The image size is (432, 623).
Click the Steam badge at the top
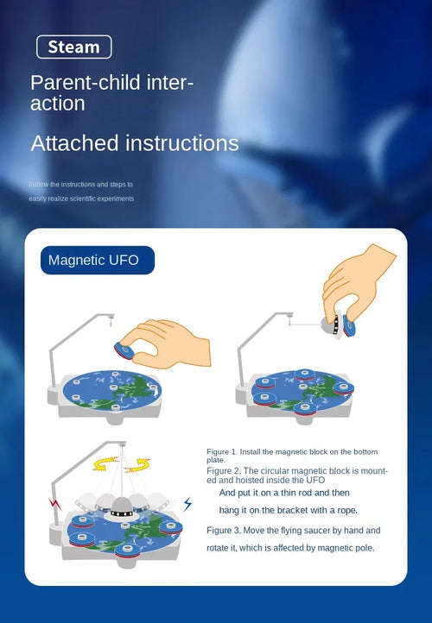pos(73,47)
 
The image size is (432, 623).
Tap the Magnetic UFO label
pos(93,260)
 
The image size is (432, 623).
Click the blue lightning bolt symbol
pos(187,503)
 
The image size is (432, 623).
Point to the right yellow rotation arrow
pos(137,466)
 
